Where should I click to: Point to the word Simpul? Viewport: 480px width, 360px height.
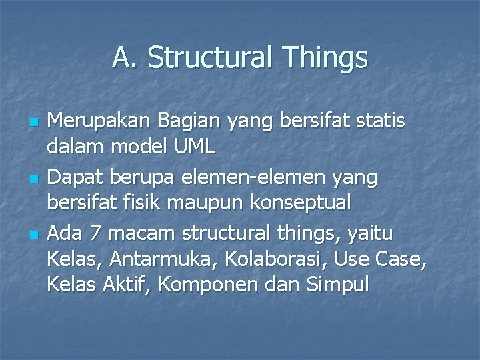[337, 284]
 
